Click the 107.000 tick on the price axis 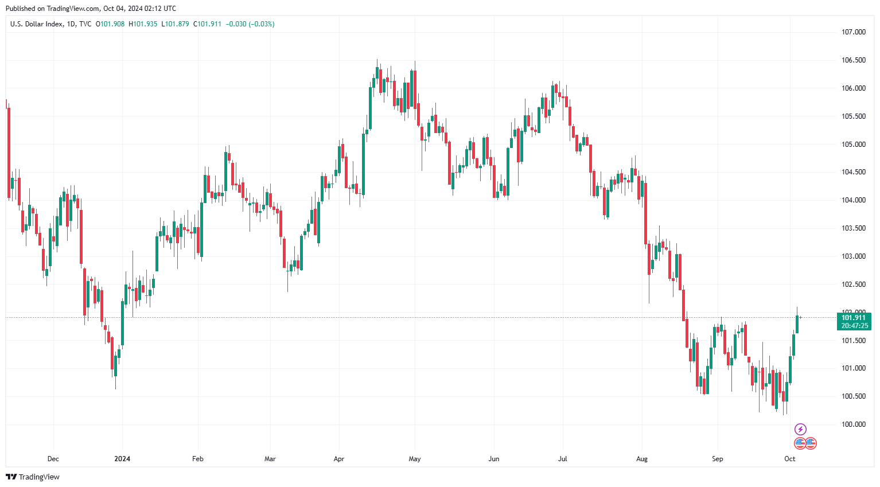(853, 32)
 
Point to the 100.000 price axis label (853, 424)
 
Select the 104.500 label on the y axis (853, 172)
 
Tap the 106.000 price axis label (853, 88)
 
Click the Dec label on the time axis (53, 459)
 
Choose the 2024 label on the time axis (122, 459)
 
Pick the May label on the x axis (415, 459)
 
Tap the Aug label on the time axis (642, 459)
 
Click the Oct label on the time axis (790, 459)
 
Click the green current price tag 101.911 (854, 318)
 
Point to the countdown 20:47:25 (854, 326)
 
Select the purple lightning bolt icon (800, 429)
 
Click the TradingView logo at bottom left (33, 477)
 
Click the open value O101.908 (110, 24)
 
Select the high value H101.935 (143, 24)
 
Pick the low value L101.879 (175, 24)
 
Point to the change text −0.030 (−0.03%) (250, 24)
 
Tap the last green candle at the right (797, 324)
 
